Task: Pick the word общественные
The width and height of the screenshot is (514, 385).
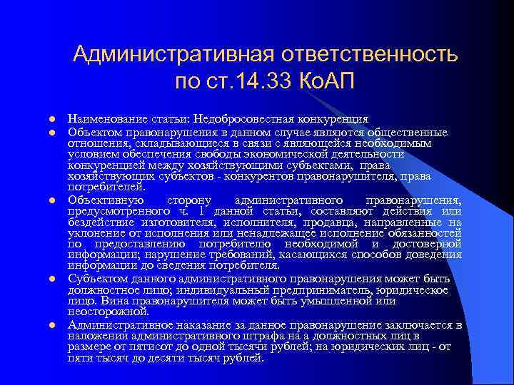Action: click(408, 132)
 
